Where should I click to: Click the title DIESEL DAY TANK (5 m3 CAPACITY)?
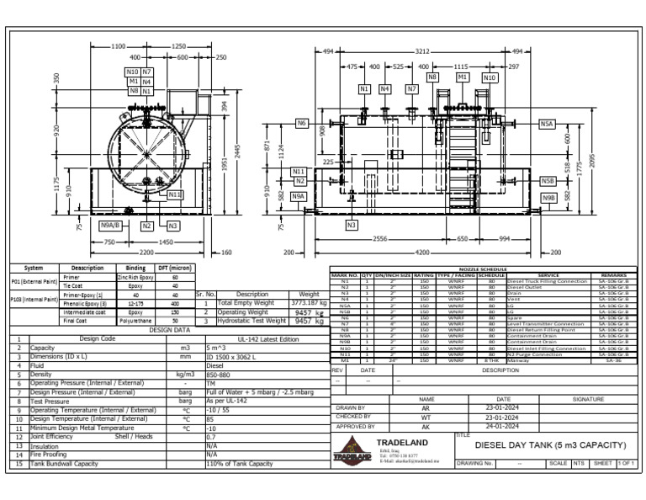[552, 444]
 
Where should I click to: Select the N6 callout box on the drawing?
[302, 124]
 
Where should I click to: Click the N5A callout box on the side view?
[548, 124]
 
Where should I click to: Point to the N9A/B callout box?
[110, 226]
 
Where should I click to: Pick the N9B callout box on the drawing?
[548, 198]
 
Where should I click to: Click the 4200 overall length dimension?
[422, 252]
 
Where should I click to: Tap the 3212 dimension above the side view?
[422, 51]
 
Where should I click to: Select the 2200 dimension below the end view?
[146, 252]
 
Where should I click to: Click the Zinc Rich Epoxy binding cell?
[134, 277]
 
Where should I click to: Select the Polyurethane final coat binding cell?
[134, 321]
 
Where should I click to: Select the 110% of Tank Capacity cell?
[243, 464]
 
